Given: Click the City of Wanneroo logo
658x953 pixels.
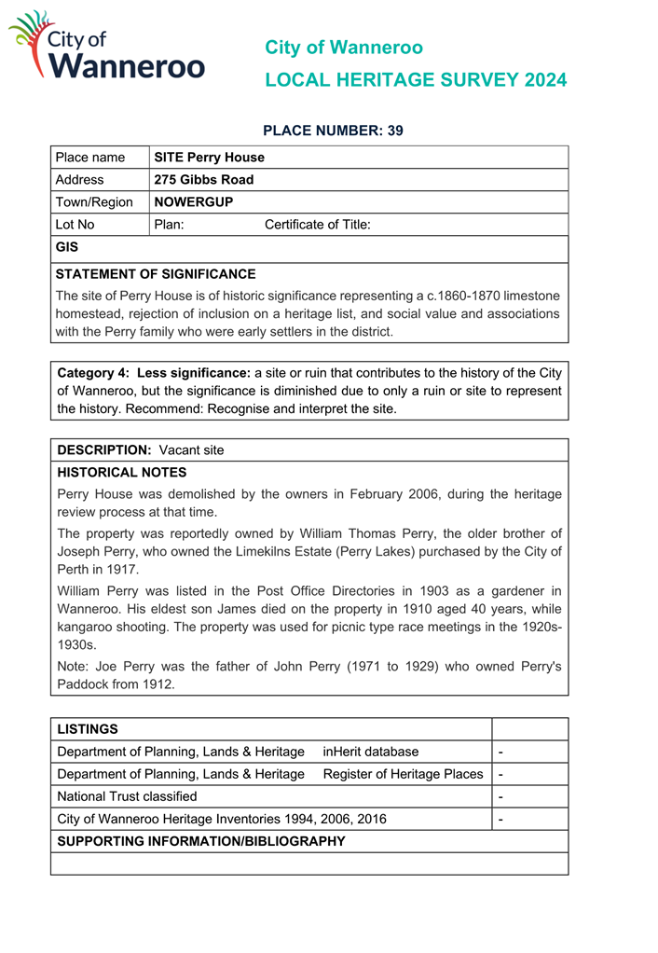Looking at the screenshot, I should tap(106, 46).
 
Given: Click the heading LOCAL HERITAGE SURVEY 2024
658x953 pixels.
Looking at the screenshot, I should tap(416, 80).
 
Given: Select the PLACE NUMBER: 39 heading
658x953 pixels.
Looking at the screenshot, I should tap(333, 131).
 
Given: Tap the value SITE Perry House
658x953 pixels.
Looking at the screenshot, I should tap(209, 158).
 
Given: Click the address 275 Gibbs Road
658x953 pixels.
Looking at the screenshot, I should tap(203, 180).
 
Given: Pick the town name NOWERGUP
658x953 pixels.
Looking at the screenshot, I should tap(193, 202).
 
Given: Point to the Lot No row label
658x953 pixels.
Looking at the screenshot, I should tap(75, 225).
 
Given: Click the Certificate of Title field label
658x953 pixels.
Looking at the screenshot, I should tap(318, 225).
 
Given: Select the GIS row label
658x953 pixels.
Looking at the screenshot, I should tap(67, 247).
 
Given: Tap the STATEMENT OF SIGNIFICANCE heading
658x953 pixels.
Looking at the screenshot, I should tap(156, 274).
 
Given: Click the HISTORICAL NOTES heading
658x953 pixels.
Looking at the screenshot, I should tap(122, 473).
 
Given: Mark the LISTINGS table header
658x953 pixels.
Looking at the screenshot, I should tap(88, 728).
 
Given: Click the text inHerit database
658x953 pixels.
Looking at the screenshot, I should tap(371, 752).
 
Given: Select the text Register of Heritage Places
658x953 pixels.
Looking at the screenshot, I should tap(403, 774).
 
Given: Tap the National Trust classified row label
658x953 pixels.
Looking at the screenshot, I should tap(128, 796).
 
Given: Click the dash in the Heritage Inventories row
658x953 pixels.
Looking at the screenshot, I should tap(501, 820).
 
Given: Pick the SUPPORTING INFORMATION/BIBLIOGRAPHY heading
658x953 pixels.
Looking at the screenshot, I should tap(201, 841).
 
